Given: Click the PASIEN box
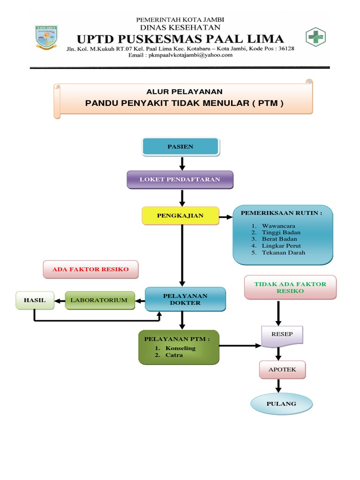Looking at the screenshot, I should pos(180,147).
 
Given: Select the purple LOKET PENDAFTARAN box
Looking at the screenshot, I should pos(180,180).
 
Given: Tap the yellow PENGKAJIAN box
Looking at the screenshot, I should pos(180,216).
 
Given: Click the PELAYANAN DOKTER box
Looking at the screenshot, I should pos(186,299).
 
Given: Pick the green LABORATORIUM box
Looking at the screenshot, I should pos(99,300).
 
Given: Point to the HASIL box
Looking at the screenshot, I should pos(35,300).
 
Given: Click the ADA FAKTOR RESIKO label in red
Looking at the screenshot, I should pos(90,270).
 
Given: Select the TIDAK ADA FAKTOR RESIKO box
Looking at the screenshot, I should pos(290,287).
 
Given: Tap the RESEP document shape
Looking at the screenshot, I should pos(282,335).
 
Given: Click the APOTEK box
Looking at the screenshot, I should pos(282,369).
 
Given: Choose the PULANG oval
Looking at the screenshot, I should pos(281,404).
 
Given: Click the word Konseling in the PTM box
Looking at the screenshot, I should pos(180,348).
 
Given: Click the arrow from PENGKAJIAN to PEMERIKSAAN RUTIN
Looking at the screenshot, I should pos(226,216).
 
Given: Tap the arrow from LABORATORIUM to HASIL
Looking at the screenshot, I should pos(59,300).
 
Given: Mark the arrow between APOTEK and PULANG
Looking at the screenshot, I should pos(279,385).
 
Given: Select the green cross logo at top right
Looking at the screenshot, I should pos(315,37).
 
